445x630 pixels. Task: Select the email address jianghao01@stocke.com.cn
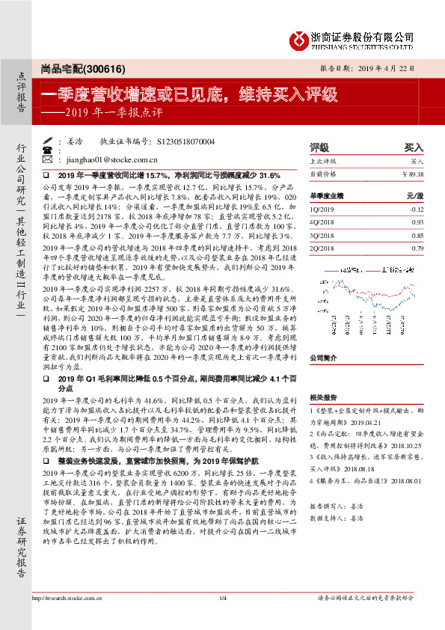pos(111,159)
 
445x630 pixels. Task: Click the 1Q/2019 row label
pos(322,210)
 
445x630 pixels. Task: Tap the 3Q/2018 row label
pos(322,236)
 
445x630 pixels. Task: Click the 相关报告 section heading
pos(323,399)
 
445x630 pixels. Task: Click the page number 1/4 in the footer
pos(222,597)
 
